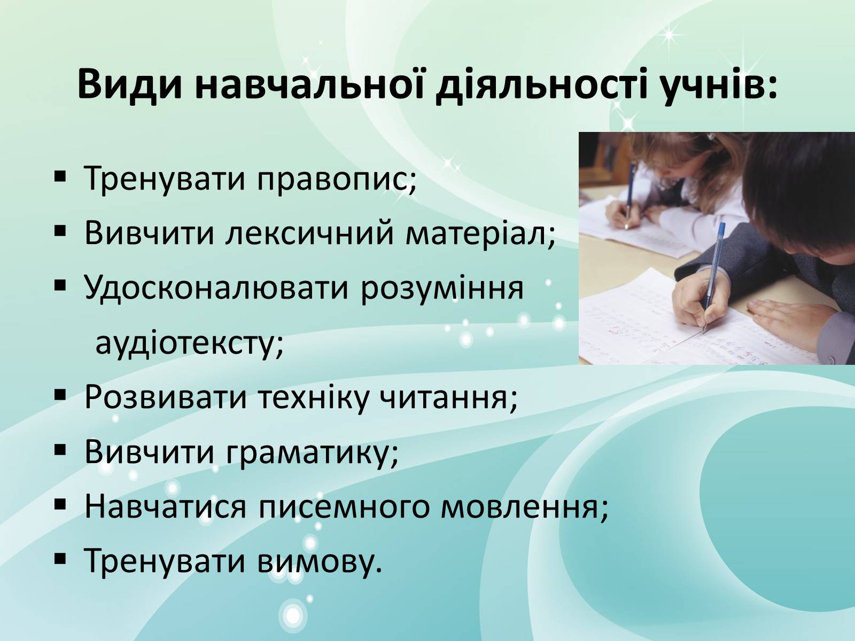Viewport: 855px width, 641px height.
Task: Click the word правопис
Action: (x=336, y=179)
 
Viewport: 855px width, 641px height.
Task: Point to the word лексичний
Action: (x=309, y=233)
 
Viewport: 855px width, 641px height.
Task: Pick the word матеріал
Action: (x=480, y=233)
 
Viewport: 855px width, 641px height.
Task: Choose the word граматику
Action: (x=312, y=453)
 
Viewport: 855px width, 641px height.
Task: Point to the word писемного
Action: (x=343, y=507)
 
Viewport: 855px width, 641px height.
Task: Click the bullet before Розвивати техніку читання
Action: (x=60, y=396)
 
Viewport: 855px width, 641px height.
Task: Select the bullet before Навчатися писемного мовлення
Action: (x=60, y=505)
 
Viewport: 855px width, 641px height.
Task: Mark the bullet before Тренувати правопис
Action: (x=60, y=177)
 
